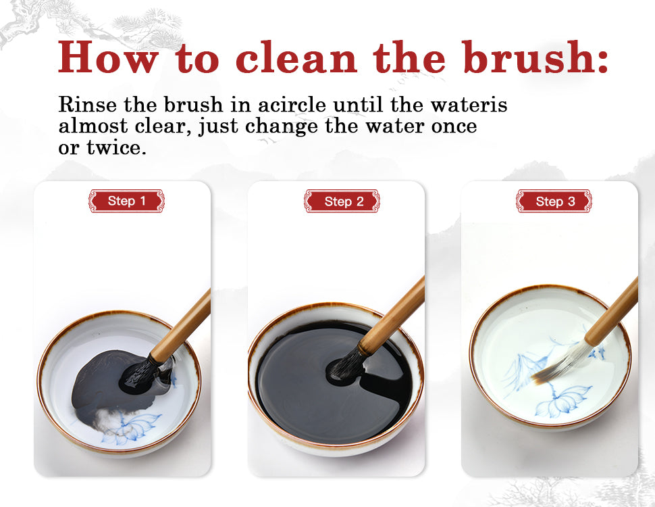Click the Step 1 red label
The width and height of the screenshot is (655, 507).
click(x=126, y=201)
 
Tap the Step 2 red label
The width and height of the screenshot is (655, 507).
click(x=342, y=201)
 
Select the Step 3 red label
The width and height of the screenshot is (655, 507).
click(x=554, y=201)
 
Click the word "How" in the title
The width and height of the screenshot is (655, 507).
click(x=108, y=57)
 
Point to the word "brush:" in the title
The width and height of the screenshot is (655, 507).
click(x=535, y=57)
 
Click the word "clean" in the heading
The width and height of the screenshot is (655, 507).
click(x=296, y=57)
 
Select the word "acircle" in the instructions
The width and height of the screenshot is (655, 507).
click(x=292, y=104)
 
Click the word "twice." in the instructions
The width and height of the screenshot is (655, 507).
click(x=117, y=147)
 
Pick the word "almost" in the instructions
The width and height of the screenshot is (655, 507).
click(x=93, y=126)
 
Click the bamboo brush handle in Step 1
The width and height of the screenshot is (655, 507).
click(x=180, y=327)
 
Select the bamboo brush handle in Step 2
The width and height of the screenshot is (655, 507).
click(x=392, y=316)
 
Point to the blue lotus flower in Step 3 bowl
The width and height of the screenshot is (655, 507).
click(x=562, y=401)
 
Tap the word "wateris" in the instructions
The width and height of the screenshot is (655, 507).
click(x=469, y=104)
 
